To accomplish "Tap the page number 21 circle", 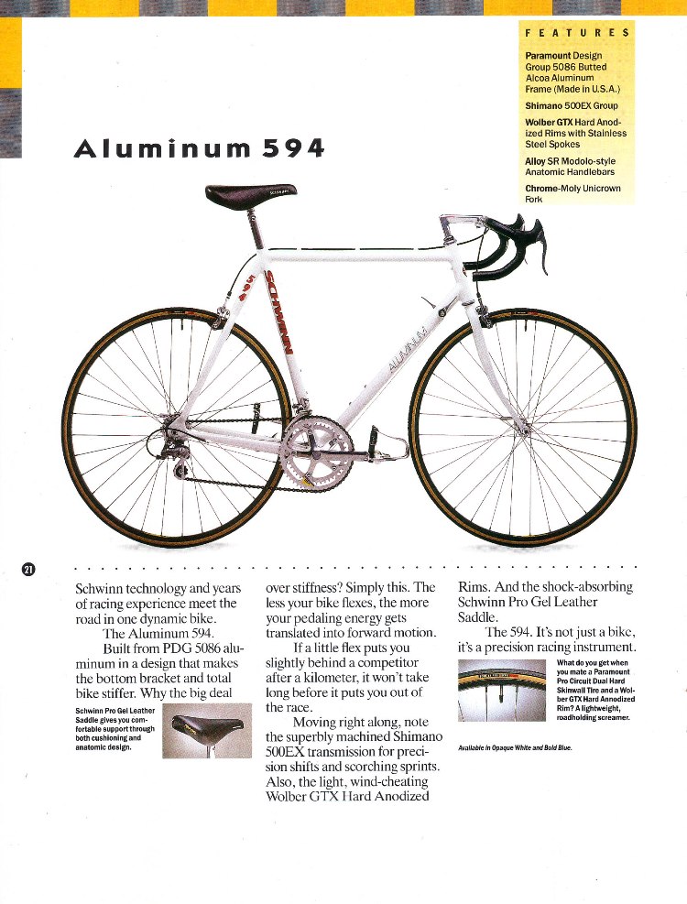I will tap(28, 570).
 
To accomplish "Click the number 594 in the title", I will tap(293, 148).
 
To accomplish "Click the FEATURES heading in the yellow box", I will tap(576, 33).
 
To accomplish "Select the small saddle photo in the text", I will tap(205, 730).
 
